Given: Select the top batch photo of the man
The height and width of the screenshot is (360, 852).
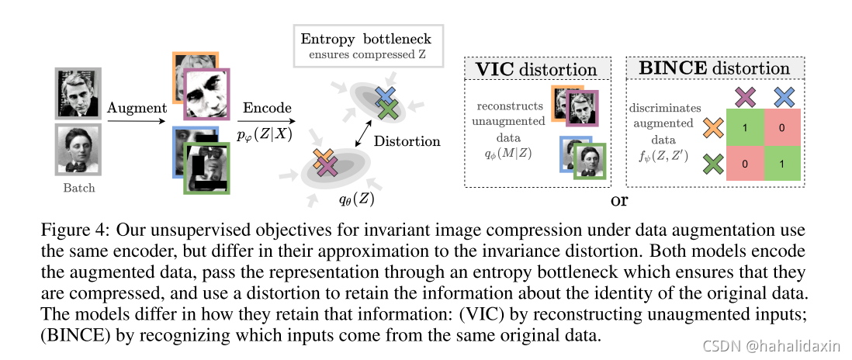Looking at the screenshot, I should (x=80, y=94).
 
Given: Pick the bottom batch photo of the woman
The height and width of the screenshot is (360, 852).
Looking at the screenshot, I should (x=80, y=150).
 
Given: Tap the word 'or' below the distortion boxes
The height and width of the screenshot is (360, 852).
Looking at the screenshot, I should (x=618, y=201).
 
